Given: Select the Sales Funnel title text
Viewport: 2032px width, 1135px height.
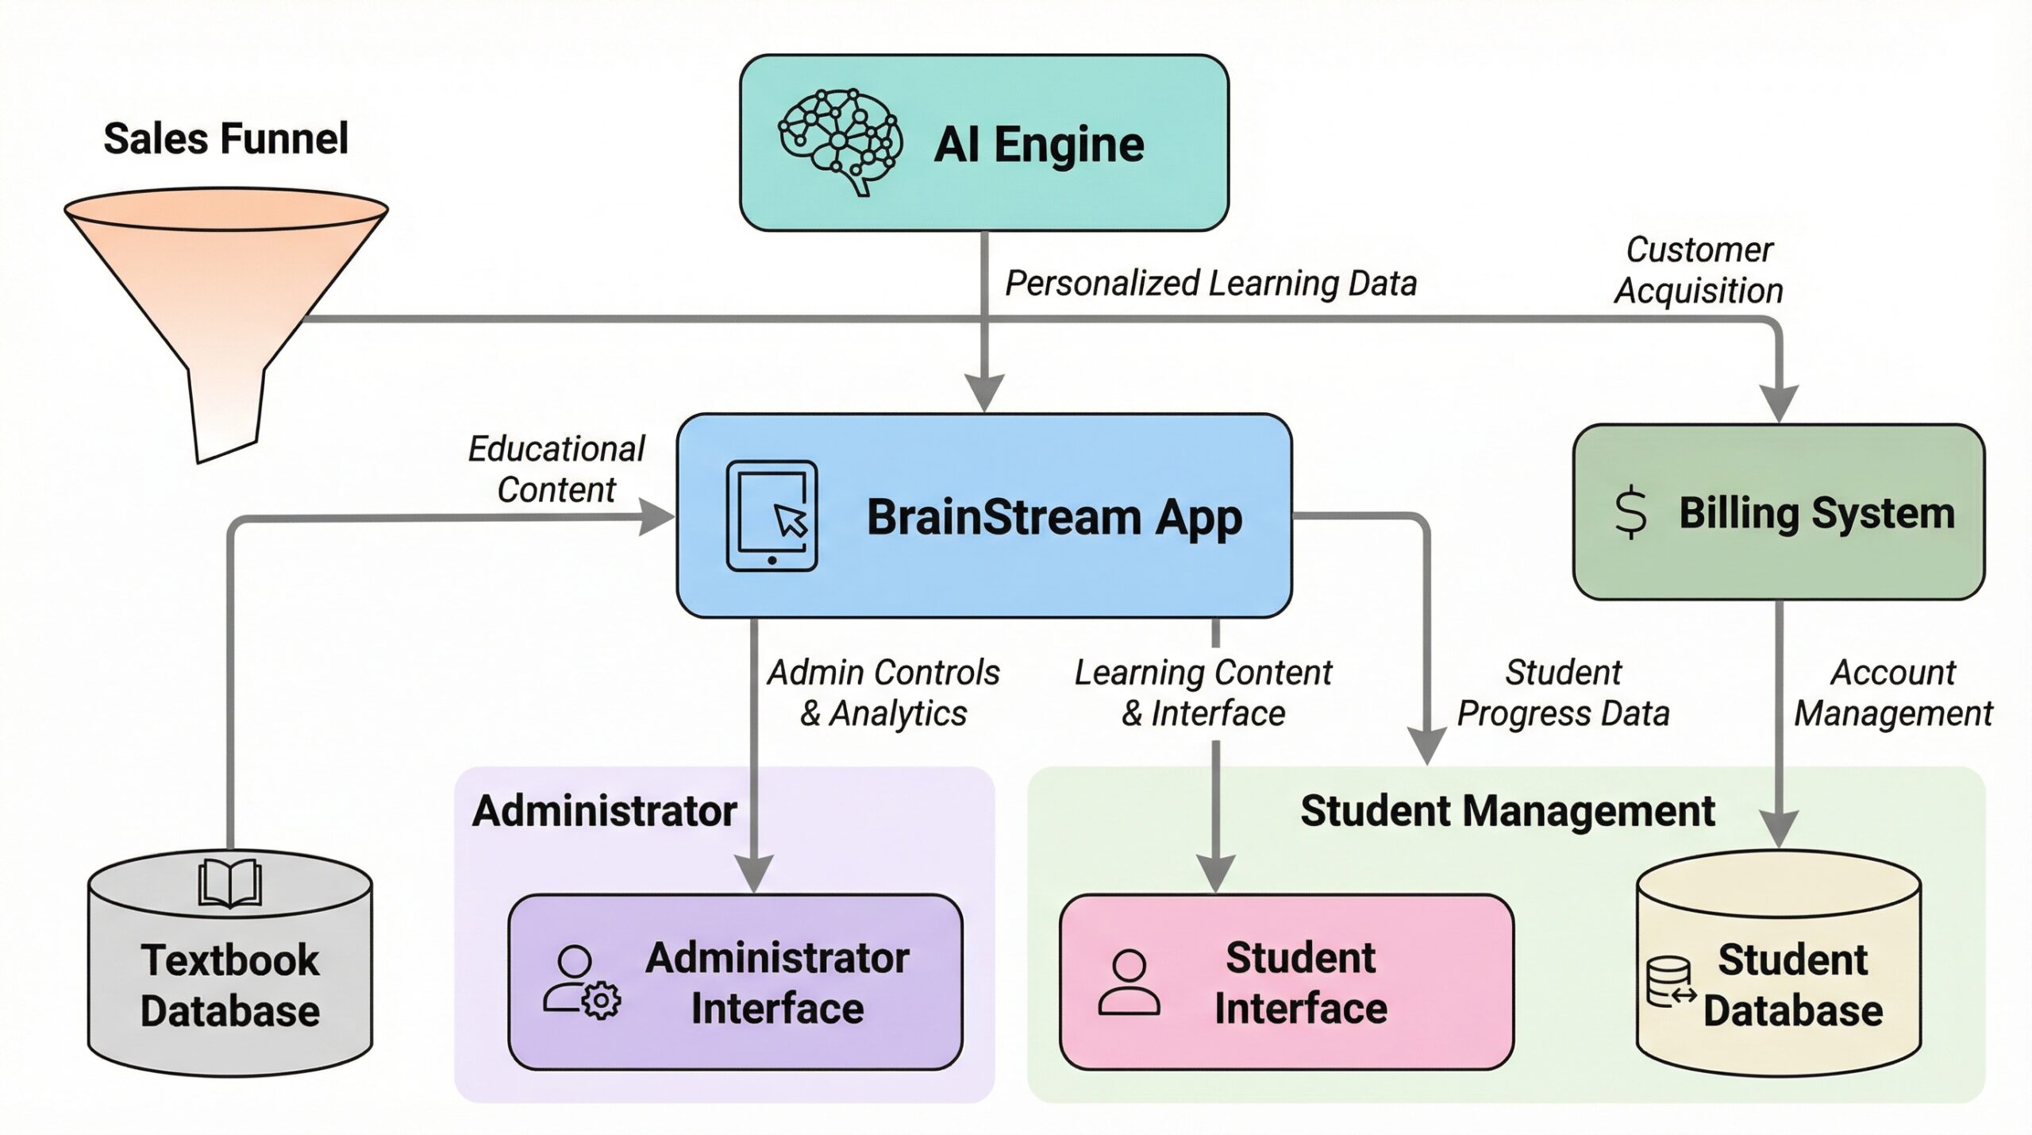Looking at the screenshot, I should pyautogui.click(x=225, y=139).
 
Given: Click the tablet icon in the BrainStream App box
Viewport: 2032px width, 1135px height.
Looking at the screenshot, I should pyautogui.click(x=772, y=516).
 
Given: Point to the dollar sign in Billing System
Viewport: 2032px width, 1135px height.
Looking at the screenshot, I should pyautogui.click(x=1630, y=513).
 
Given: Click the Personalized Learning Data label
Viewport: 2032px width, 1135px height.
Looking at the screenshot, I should pyautogui.click(x=1210, y=284).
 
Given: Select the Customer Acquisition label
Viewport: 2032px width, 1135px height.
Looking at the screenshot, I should pyautogui.click(x=1699, y=270).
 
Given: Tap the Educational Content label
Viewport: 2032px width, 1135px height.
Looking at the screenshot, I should pyautogui.click(x=556, y=469).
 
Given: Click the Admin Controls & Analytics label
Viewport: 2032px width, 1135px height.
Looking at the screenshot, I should pyautogui.click(x=883, y=693).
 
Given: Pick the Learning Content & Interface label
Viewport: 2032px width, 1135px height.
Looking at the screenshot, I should pyautogui.click(x=1203, y=693).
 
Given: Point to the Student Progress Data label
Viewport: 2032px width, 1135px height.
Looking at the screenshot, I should pyautogui.click(x=1563, y=693).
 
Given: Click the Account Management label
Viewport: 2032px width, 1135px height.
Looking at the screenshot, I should pyautogui.click(x=1893, y=693).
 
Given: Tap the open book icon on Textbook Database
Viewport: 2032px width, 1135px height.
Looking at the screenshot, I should pyautogui.click(x=229, y=882).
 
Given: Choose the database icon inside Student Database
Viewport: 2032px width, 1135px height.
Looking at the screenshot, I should pyautogui.click(x=1670, y=983).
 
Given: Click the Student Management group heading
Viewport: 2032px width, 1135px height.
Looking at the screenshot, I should pyautogui.click(x=1507, y=811).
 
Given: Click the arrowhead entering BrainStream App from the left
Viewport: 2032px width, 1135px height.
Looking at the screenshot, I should pyautogui.click(x=657, y=518).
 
